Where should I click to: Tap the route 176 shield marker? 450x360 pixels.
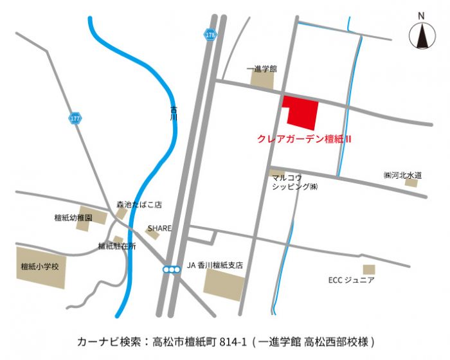[x=210, y=35]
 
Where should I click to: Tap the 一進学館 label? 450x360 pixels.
[x=262, y=67]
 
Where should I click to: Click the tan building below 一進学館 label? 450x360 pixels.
[x=262, y=80]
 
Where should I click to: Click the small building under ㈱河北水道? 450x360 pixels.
[x=411, y=183]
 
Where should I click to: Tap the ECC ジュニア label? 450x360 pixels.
[x=351, y=280]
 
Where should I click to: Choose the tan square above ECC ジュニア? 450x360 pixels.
[x=368, y=269]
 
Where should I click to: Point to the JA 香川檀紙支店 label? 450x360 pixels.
[x=218, y=264]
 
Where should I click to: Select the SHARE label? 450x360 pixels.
[x=159, y=228]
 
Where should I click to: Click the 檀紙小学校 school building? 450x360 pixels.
[x=40, y=267]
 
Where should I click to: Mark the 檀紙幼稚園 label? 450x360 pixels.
[x=73, y=219]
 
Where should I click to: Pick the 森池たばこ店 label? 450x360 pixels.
[x=139, y=205]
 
